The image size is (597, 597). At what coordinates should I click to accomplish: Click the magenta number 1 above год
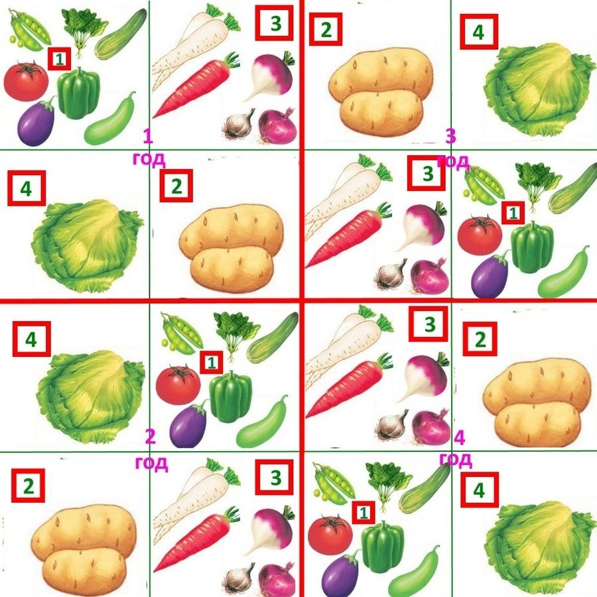pos(148,137)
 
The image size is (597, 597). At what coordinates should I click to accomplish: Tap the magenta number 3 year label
pos(451,136)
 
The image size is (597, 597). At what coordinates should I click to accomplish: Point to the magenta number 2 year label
pos(151,436)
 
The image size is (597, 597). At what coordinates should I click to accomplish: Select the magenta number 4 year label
pos(460,438)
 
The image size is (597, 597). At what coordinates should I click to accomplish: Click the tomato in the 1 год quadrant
pos(27,80)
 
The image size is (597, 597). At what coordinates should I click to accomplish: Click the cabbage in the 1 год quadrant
pos(88,245)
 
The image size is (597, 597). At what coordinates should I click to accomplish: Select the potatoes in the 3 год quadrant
pos(381,92)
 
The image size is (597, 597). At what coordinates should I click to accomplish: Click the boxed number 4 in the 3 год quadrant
pos(479,32)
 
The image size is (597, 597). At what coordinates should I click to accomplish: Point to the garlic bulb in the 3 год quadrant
pos(391,274)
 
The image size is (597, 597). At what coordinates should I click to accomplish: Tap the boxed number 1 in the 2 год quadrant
pos(212,362)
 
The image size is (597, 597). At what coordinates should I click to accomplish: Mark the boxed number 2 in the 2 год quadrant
pos(28,486)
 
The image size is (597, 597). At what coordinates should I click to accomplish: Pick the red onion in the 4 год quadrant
pos(431,428)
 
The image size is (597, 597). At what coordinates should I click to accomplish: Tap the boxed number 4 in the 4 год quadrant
pos(480,490)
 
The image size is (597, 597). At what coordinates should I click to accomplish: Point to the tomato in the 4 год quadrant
pos(330,534)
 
